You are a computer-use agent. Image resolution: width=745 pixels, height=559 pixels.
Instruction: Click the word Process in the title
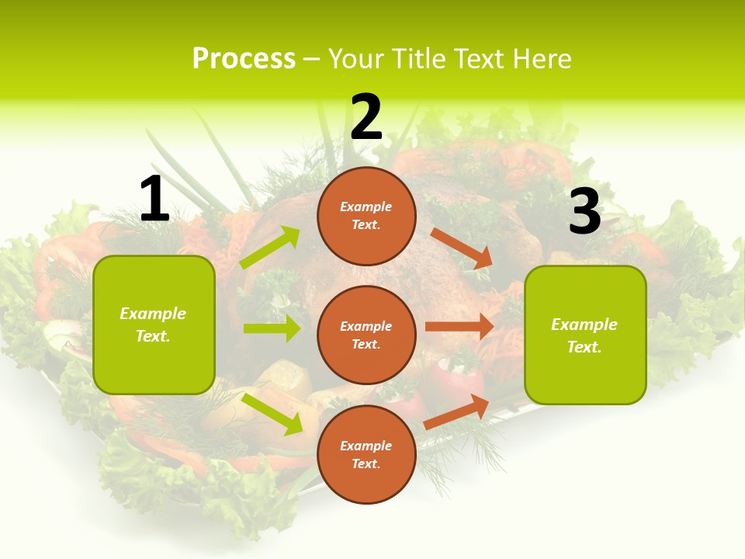point(244,59)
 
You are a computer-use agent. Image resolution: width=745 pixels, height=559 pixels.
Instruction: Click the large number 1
point(154,199)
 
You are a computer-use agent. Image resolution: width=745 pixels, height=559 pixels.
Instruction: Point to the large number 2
point(366,117)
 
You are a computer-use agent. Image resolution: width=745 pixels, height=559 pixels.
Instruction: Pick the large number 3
point(584,212)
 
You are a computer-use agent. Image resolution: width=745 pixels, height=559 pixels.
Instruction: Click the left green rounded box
point(154,325)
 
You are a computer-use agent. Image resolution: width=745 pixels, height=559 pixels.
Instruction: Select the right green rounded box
point(585,335)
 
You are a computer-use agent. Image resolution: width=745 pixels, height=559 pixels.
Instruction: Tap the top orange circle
point(366,216)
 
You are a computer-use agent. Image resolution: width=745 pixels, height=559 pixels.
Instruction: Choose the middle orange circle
point(366,335)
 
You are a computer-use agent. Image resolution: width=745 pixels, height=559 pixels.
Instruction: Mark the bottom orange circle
point(366,454)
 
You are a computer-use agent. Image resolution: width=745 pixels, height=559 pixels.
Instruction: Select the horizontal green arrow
point(272,328)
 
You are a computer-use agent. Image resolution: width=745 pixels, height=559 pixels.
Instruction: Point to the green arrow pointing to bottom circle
point(272,414)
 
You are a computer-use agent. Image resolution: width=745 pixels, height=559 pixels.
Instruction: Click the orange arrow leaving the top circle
point(461,248)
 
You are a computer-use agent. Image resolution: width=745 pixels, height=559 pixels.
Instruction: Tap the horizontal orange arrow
point(459,327)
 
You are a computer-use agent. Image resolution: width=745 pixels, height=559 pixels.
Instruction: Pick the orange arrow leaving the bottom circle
point(456,411)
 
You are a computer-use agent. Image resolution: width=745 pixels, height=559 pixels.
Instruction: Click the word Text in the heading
point(479,59)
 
